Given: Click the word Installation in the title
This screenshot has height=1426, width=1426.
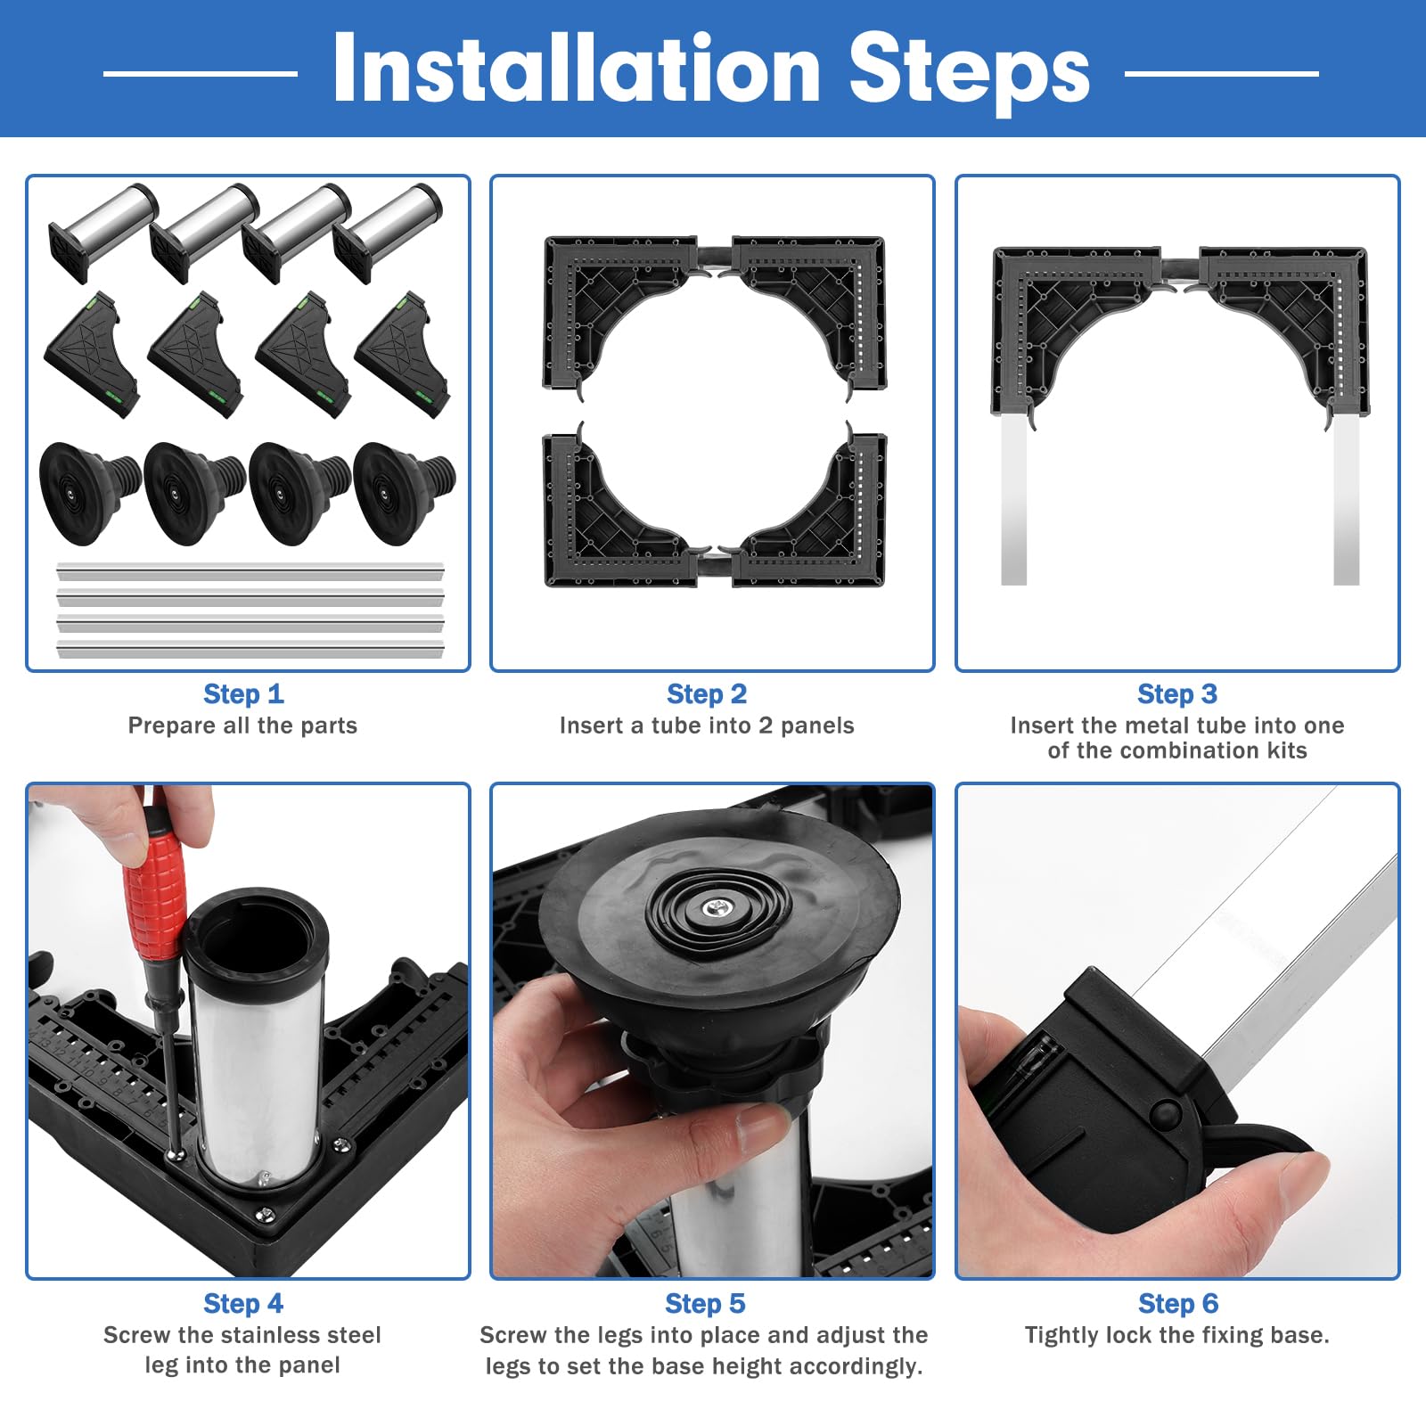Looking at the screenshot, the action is [576, 69].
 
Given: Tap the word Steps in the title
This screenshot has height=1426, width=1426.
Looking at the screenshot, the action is [969, 73].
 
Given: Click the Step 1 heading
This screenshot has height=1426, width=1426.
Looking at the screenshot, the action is [243, 693].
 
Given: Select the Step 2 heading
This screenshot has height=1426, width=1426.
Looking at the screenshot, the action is [707, 693].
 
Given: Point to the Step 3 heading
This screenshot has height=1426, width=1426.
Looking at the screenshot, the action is [1177, 693].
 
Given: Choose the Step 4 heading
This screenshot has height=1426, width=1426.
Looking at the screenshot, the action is [243, 1303].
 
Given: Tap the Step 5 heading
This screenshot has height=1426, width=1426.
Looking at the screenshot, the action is [705, 1303].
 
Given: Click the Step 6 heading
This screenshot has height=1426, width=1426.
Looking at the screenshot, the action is [1178, 1303].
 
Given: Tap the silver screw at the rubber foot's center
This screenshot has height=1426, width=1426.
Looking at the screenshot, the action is [717, 909].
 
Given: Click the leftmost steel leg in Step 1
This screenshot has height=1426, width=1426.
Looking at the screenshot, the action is [102, 232].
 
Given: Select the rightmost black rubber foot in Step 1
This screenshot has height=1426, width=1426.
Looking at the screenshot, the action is [404, 492].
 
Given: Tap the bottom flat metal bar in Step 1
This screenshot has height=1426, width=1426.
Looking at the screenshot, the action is [250, 649].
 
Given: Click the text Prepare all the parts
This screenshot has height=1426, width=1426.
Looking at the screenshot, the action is [242, 725].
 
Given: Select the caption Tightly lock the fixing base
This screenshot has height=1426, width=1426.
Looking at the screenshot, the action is [1177, 1335].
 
